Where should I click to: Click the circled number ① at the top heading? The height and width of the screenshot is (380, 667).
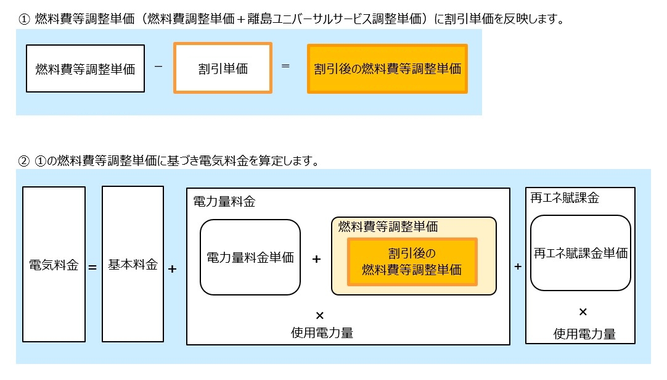point(25,19)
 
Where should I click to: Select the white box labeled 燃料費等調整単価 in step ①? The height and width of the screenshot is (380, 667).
point(85,68)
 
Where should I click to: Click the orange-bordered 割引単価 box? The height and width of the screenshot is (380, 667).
point(223,68)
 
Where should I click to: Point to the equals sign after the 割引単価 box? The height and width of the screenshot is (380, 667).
point(285,65)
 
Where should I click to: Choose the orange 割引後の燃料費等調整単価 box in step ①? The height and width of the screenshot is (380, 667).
point(387,68)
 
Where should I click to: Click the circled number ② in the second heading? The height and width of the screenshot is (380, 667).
point(25,162)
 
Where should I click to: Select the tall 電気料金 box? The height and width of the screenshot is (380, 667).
point(54,265)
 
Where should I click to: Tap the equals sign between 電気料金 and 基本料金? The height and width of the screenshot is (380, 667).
point(92,268)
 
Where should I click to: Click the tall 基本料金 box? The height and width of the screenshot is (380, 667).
point(133,265)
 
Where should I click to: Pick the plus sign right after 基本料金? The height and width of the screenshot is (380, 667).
point(172,269)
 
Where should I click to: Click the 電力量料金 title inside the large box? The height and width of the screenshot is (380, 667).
point(224,202)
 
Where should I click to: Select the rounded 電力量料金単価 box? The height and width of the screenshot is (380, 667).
point(250,257)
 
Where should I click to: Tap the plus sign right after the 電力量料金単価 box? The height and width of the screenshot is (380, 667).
point(316,259)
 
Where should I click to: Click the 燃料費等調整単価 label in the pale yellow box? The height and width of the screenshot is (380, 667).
point(388,226)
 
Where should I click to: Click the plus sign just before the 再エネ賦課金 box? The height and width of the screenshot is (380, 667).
point(518,266)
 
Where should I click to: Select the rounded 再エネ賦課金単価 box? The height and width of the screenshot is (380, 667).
point(580,253)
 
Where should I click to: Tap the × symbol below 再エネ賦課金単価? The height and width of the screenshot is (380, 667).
point(583,311)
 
